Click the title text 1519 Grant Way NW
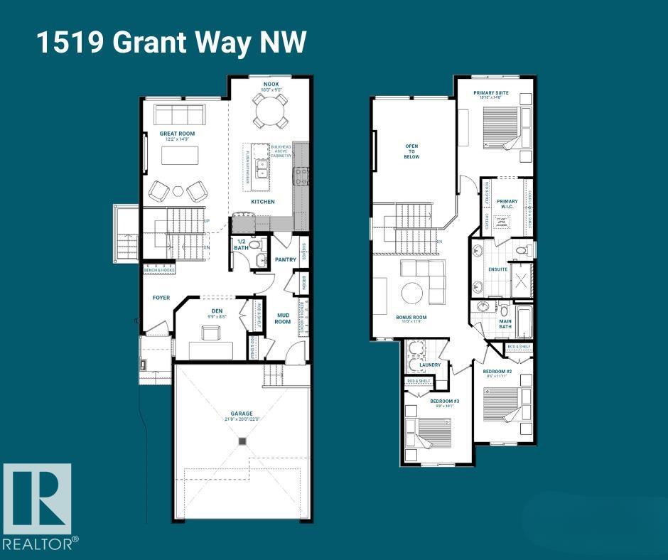pos(171,42)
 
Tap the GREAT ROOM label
pos(177,134)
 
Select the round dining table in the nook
pos(269,110)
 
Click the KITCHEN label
pos(262,202)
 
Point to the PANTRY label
pos(285,259)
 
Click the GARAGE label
pos(241,413)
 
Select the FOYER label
pos(161,297)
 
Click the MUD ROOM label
pos(283,318)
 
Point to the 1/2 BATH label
pos(241,245)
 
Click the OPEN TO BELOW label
pos(411,151)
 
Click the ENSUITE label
pos(497,269)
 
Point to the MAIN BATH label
pos(505,324)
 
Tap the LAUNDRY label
pos(431,365)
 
